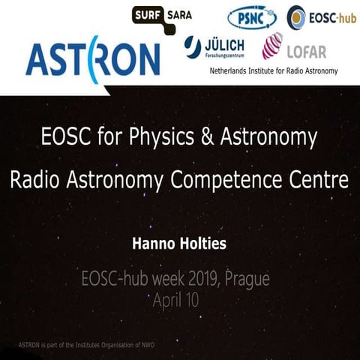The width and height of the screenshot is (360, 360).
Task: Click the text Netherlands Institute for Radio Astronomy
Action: pyautogui.click(x=273, y=72)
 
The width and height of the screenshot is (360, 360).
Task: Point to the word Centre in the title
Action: pyautogui.click(x=318, y=181)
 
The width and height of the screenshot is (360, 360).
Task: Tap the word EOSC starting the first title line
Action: pyautogui.click(x=61, y=138)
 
